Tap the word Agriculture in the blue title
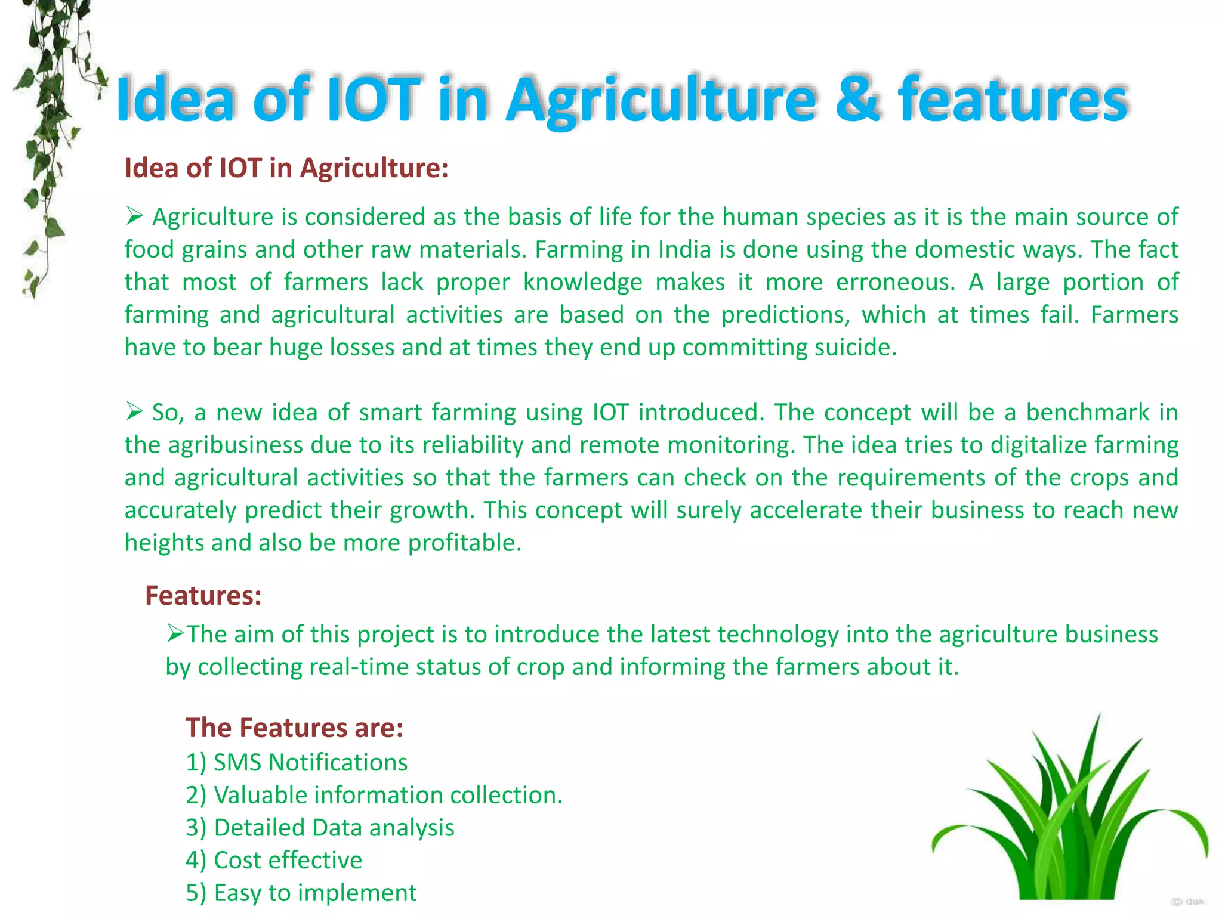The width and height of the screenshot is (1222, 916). pyautogui.click(x=661, y=100)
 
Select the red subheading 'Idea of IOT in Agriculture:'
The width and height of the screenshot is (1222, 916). pyautogui.click(x=286, y=168)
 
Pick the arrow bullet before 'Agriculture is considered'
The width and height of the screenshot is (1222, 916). pyautogui.click(x=134, y=216)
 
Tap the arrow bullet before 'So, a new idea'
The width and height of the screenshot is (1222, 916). pyautogui.click(x=134, y=411)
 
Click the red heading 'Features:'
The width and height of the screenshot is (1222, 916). pyautogui.click(x=203, y=595)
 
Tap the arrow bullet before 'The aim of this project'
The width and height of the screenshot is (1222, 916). pyautogui.click(x=175, y=633)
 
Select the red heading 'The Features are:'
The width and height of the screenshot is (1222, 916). pyautogui.click(x=294, y=728)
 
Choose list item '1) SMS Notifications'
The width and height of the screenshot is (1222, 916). pyautogui.click(x=297, y=762)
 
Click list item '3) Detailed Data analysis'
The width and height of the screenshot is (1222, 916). pyautogui.click(x=320, y=828)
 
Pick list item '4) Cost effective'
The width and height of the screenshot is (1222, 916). pyautogui.click(x=274, y=860)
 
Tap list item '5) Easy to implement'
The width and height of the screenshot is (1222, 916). pyautogui.click(x=301, y=893)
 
